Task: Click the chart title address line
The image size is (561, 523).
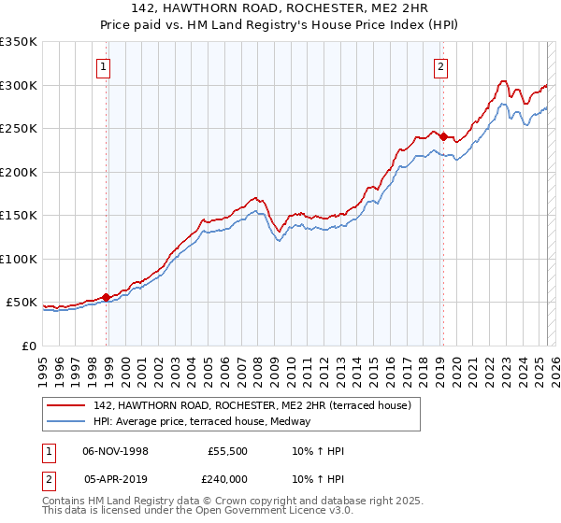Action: (x=280, y=9)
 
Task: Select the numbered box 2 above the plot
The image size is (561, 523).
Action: (x=439, y=66)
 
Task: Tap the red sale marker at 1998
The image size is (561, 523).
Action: (x=107, y=297)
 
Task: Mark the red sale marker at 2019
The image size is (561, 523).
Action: (x=443, y=136)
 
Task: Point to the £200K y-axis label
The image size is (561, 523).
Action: (x=19, y=172)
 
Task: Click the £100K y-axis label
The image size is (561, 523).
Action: (x=19, y=259)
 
